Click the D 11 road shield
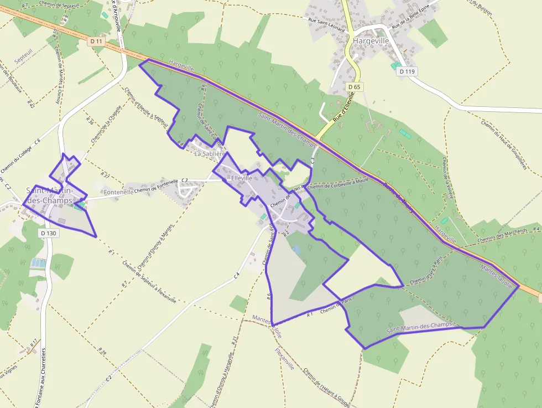(x=96, y=41)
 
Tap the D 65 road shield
(x=355, y=87)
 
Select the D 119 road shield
(x=409, y=71)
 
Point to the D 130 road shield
(x=49, y=233)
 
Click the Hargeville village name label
(x=371, y=41)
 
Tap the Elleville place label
(x=242, y=178)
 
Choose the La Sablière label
(x=208, y=154)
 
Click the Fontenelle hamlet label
(x=118, y=192)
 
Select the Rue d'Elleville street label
(x=343, y=110)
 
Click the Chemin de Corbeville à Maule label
(x=338, y=184)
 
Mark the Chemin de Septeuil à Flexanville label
(x=150, y=281)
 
